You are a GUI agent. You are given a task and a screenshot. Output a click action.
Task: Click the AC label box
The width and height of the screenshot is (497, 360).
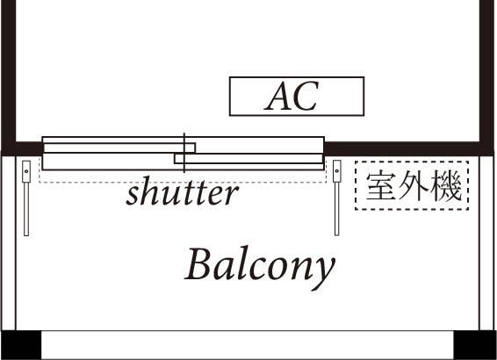pos(296,97)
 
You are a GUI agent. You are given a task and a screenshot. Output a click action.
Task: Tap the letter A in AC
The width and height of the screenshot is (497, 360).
pos(278,97)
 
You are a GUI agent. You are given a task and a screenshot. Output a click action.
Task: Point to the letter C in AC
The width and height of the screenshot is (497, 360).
pos(305,97)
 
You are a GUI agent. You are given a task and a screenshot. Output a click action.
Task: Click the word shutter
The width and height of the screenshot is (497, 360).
pos(182,193)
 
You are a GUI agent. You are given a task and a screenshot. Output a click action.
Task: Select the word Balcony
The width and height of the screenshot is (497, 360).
pos(260,264)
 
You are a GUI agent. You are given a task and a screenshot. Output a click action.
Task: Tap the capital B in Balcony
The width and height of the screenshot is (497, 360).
pos(197,263)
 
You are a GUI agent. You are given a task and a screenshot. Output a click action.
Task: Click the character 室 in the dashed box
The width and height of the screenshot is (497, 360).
pos(380,186)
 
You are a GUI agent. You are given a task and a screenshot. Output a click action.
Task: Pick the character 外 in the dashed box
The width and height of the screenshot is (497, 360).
pos(413,186)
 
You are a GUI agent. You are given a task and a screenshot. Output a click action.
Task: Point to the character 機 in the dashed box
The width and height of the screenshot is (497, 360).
pos(446,186)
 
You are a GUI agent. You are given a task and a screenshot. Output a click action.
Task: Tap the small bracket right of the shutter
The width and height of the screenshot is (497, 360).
pos(337,170)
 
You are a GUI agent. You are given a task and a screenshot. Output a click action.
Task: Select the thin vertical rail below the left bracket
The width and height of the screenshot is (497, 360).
pos(26,208)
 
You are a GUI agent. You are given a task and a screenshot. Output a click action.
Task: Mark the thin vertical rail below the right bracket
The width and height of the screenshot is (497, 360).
pos(337,208)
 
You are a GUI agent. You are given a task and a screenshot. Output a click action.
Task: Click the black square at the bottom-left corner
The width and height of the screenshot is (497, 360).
pos(21,344)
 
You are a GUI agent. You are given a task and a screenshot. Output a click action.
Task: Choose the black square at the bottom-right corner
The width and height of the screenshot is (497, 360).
pos(474,344)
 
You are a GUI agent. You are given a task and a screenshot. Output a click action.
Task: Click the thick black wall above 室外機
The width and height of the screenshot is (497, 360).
pos(404,148)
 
